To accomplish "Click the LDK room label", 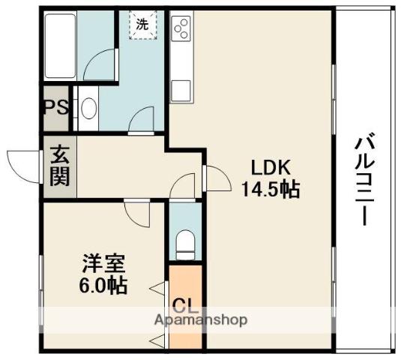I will pos(265,168).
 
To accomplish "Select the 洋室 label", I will pos(103,264).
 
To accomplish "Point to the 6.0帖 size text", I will pos(104,285).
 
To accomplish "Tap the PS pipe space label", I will pos(55,107).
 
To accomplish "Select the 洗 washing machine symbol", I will pos(142,24).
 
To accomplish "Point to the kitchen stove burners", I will pos(181,28).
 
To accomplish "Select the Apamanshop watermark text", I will pos(201,319).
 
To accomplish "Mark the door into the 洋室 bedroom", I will pos(137,212).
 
